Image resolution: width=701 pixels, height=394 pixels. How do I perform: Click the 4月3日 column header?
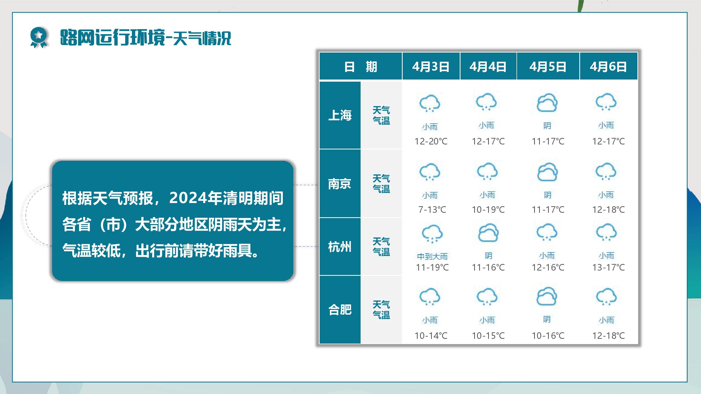(431, 67)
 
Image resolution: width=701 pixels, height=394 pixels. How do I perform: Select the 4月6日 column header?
(608, 67)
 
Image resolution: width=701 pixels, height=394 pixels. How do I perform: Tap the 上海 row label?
(340, 115)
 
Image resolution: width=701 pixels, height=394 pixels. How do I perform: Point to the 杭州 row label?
(340, 247)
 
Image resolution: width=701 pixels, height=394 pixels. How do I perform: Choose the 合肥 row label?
(340, 309)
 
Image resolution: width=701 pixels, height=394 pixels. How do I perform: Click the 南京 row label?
(340, 184)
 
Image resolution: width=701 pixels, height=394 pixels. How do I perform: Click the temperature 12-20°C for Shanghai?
(431, 141)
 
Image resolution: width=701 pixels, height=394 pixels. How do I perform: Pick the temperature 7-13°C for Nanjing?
(432, 210)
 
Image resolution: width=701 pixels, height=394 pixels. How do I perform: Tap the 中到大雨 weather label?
(432, 256)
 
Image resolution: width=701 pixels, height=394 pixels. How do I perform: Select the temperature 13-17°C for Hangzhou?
(608, 267)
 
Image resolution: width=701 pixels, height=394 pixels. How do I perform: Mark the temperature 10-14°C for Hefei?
(431, 335)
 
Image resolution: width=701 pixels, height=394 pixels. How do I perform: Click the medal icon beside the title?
(39, 38)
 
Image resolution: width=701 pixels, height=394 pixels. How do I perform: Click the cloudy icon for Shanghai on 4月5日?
(547, 103)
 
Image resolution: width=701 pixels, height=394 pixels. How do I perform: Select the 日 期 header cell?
(361, 67)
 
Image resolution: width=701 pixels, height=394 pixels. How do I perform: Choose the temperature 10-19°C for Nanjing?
(488, 210)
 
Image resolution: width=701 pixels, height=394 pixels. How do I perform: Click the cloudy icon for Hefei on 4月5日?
(547, 296)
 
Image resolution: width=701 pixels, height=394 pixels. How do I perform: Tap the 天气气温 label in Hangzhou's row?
(381, 247)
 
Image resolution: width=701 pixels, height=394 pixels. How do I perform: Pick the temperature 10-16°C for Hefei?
(548, 335)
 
